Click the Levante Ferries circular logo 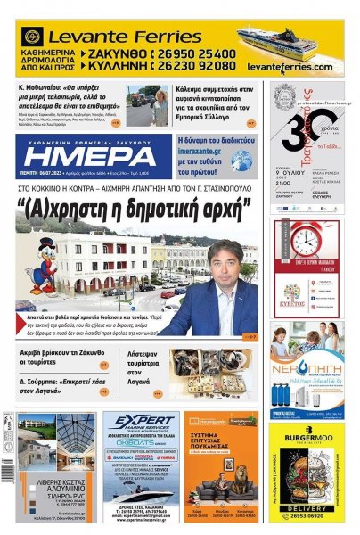(31, 37)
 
